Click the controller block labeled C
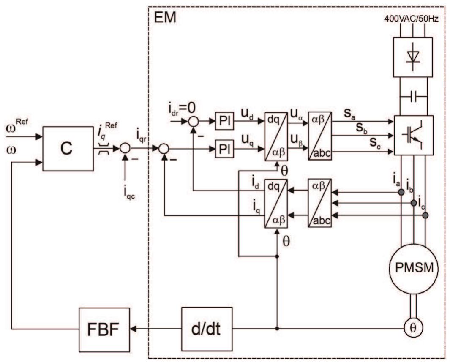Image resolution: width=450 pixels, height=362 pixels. [68, 149]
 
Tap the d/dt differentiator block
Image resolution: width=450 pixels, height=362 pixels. [207, 329]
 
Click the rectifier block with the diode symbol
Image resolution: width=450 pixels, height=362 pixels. [412, 57]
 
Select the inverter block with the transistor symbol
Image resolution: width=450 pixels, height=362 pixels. [413, 136]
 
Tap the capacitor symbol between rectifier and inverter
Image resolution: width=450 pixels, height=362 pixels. [413, 96]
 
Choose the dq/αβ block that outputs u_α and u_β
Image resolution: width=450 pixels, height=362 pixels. [276, 136]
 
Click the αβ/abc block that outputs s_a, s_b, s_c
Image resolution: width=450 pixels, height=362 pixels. [319, 136]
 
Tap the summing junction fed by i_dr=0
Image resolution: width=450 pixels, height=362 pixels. [193, 121]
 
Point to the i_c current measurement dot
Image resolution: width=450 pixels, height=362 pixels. [425, 215]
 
